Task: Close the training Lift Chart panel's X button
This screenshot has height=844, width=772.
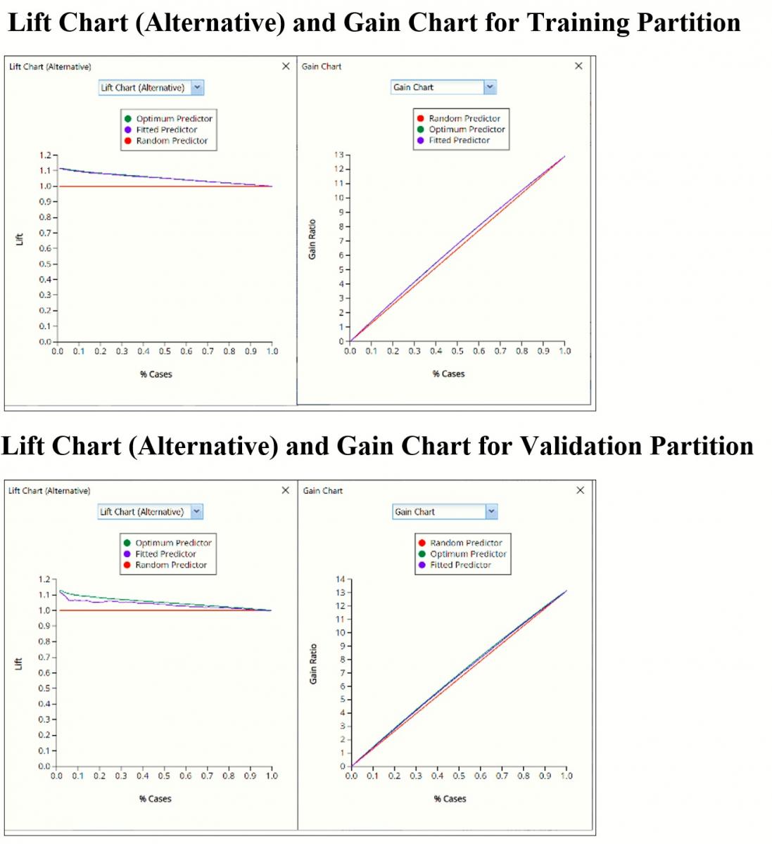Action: [286, 66]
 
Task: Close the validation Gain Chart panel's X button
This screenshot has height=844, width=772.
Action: [580, 490]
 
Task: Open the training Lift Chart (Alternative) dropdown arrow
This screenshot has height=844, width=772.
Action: [197, 88]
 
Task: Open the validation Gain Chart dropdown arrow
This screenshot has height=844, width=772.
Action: [491, 512]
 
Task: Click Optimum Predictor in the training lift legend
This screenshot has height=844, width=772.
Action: [174, 119]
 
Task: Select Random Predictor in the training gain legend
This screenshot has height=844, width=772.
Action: [464, 119]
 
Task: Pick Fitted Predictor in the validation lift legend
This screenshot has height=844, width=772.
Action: [165, 554]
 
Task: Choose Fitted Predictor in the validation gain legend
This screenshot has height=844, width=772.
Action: [460, 565]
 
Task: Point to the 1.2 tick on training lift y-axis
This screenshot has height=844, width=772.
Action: [45, 155]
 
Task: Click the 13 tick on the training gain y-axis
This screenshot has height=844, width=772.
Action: [339, 155]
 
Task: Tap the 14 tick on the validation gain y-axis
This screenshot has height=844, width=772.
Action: [341, 580]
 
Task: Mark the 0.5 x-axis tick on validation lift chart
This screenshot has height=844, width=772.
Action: [164, 776]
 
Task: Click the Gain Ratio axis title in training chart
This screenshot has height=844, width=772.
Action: [312, 239]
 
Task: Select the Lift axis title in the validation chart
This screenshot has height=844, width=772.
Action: [19, 663]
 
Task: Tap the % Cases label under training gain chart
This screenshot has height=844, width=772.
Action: [448, 374]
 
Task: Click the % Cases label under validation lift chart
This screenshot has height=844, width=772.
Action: [155, 799]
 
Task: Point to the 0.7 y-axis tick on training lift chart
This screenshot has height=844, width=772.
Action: [45, 233]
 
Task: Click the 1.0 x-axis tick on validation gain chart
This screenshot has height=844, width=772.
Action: [567, 776]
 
